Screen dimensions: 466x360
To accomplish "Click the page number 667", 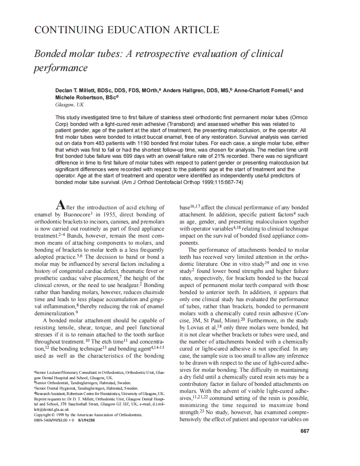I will (304, 431).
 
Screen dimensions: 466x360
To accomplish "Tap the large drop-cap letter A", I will (61, 205).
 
